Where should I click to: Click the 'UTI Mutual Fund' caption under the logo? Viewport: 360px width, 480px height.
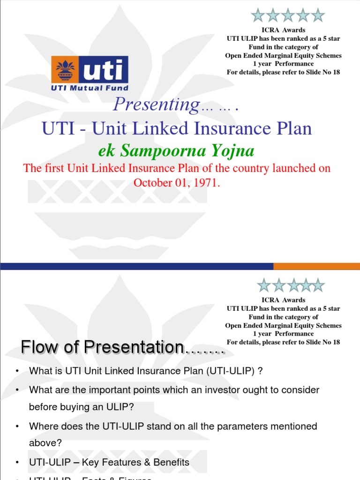(90, 88)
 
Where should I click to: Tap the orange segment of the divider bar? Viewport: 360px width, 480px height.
(316, 266)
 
